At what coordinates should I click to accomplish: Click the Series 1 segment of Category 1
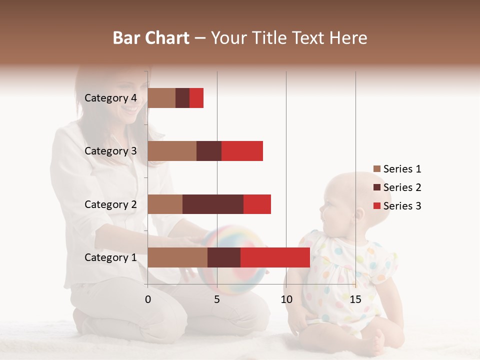(x=177, y=257)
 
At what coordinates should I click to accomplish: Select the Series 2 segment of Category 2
(x=213, y=204)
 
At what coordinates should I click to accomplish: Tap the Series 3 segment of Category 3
(x=242, y=151)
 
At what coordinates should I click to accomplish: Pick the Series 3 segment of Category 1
(x=275, y=257)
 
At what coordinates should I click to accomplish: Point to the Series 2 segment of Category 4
(x=182, y=98)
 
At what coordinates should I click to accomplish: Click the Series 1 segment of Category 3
(x=172, y=151)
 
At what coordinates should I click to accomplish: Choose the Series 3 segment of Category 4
(x=196, y=98)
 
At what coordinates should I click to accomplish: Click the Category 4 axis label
(x=110, y=98)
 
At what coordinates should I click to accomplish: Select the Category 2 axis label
(x=110, y=204)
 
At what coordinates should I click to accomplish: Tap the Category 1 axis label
(x=110, y=257)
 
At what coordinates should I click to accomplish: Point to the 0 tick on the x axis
(x=148, y=299)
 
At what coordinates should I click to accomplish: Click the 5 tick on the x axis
(x=217, y=299)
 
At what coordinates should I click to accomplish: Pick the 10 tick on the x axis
(x=286, y=299)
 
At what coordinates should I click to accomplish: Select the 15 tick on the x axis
(x=355, y=299)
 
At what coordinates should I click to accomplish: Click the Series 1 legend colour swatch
(x=377, y=169)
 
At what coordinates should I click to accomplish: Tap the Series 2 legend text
(x=402, y=187)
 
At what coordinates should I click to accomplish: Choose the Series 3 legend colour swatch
(x=377, y=206)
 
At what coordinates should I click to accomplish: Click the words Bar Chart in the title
(x=151, y=38)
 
